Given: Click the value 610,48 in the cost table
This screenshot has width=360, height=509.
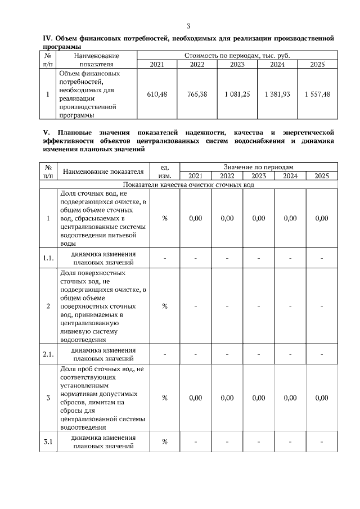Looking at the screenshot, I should tap(156, 94).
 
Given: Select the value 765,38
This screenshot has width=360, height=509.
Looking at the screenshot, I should tap(197, 94).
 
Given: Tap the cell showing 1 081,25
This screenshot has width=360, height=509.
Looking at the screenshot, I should tap(237, 94).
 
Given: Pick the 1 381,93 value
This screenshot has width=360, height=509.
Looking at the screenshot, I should tap(277, 94).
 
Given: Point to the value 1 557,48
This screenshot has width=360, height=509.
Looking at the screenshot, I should tap(318, 94).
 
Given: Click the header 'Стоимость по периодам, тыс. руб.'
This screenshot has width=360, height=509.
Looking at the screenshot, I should tap(237, 56).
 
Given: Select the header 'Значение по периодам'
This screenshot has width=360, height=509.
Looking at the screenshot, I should tap(258, 167).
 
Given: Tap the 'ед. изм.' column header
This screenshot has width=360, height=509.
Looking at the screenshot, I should tap(165, 171).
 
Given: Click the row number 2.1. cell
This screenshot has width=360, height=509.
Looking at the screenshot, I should tap(48, 354).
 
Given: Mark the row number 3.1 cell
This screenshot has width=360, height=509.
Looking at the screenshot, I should tap(48, 442).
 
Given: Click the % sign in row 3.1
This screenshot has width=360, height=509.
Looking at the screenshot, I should tap(165, 442).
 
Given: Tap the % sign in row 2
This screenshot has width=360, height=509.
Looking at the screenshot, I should tap(165, 306).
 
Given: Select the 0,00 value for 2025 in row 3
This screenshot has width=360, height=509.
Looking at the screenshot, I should tap(321, 398).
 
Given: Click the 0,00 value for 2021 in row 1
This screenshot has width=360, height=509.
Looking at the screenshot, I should tap(195, 218).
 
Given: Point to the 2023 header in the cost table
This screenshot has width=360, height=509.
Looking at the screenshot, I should tap(237, 64).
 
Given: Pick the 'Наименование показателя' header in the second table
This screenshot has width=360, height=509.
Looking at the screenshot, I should tap(103, 171).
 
